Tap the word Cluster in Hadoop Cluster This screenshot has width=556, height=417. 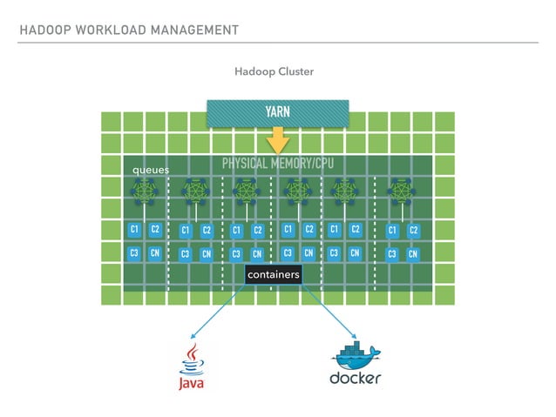point(295,71)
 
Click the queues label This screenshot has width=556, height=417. point(150,170)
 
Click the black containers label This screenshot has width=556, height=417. point(273,275)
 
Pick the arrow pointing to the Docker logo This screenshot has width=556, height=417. point(327,314)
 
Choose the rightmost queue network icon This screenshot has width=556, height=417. point(402,192)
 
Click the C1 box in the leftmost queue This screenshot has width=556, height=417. point(134,230)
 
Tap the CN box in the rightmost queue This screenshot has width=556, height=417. point(413,254)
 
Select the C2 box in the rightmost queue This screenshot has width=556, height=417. point(413,230)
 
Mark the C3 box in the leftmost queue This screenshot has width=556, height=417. point(134,253)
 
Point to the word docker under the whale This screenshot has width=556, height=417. point(355,379)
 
